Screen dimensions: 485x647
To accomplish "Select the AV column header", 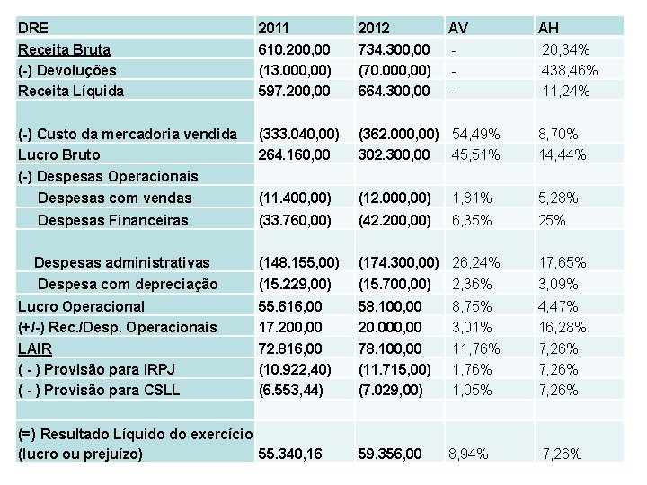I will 458,28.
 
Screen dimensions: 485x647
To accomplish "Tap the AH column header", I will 548,28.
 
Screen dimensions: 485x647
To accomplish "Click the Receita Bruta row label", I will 65,49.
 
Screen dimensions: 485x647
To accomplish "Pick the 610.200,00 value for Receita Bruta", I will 293,49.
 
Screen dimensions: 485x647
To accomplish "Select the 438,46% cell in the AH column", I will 571,70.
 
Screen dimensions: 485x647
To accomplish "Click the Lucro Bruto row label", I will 59,154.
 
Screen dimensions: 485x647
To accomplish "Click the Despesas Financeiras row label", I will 113,220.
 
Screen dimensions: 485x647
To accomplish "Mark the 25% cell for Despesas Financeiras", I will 551,220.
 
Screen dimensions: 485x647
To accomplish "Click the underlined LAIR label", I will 35,348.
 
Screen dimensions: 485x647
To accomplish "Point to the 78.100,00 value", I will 391,348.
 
